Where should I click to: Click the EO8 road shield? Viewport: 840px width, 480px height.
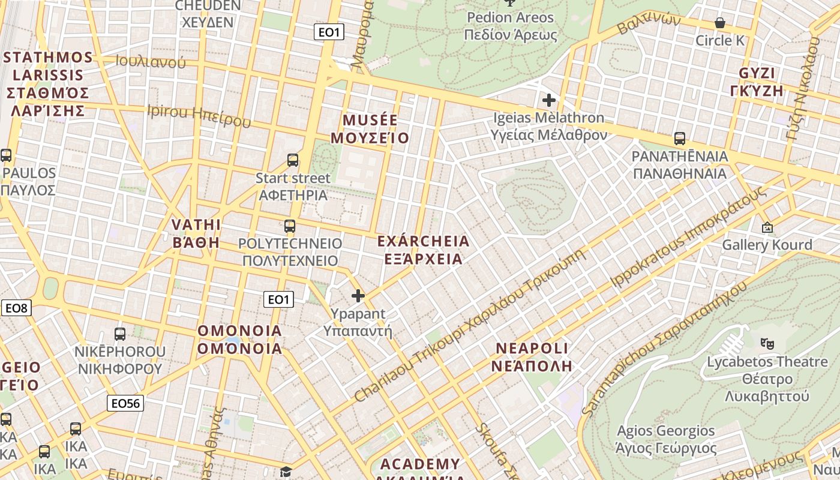[16, 308]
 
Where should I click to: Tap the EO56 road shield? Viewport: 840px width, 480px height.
[126, 403]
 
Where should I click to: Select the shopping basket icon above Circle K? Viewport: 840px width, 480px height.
[720, 23]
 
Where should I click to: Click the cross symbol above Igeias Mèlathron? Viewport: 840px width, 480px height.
[548, 100]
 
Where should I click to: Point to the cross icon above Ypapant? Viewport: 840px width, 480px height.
[358, 296]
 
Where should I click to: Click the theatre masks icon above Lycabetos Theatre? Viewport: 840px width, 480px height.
[766, 344]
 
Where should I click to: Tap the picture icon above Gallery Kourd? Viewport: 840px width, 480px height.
[767, 227]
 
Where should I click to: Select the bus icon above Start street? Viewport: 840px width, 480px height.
[293, 160]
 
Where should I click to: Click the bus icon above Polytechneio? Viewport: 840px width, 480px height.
[290, 226]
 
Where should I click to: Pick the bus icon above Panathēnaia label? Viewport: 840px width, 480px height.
[680, 139]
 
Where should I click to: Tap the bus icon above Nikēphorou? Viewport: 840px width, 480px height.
[120, 334]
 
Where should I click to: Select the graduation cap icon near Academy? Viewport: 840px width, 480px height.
[286, 472]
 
